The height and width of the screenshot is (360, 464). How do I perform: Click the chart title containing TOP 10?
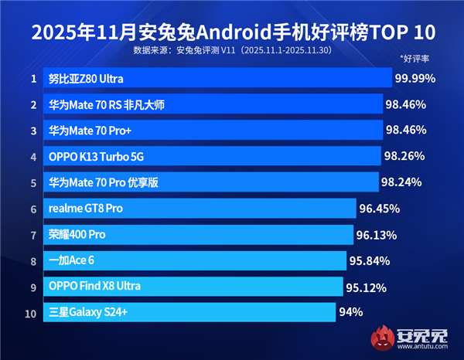click(x=232, y=32)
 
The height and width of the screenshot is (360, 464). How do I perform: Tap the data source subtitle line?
click(x=232, y=51)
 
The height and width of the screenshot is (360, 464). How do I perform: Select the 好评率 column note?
click(x=415, y=59)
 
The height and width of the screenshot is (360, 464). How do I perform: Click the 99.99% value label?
click(x=415, y=78)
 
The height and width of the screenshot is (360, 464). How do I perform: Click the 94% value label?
click(x=350, y=312)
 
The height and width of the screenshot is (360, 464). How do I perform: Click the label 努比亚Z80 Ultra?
click(x=86, y=79)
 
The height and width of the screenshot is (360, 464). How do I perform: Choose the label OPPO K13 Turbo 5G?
click(x=97, y=157)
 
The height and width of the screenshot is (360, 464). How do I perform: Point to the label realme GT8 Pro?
click(x=86, y=209)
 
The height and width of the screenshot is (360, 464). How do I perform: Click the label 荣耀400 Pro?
click(x=77, y=234)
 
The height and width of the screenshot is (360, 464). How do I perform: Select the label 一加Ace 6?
click(x=71, y=260)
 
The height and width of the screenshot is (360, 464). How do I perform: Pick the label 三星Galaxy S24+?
click(x=89, y=313)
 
